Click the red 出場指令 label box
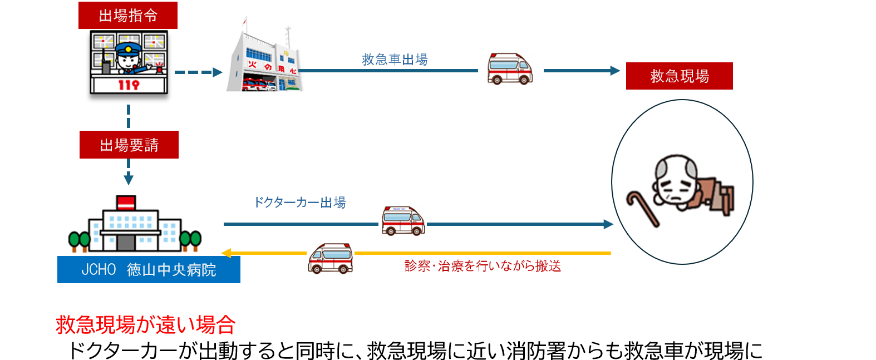click(x=127, y=16)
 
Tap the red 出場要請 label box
click(x=129, y=145)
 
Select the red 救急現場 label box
click(x=679, y=76)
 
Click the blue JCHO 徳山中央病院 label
click(x=149, y=270)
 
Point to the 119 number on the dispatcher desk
click(x=129, y=85)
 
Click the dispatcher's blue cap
click(x=129, y=48)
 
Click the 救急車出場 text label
click(x=395, y=60)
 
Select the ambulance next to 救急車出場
click(x=509, y=69)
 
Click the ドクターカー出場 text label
click(x=299, y=203)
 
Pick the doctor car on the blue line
click(x=403, y=220)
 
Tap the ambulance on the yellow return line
click(x=331, y=258)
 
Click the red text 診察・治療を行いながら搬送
click(x=483, y=266)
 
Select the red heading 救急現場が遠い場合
click(x=146, y=324)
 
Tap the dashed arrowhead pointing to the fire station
click(x=218, y=72)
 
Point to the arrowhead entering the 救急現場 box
click(x=615, y=71)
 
